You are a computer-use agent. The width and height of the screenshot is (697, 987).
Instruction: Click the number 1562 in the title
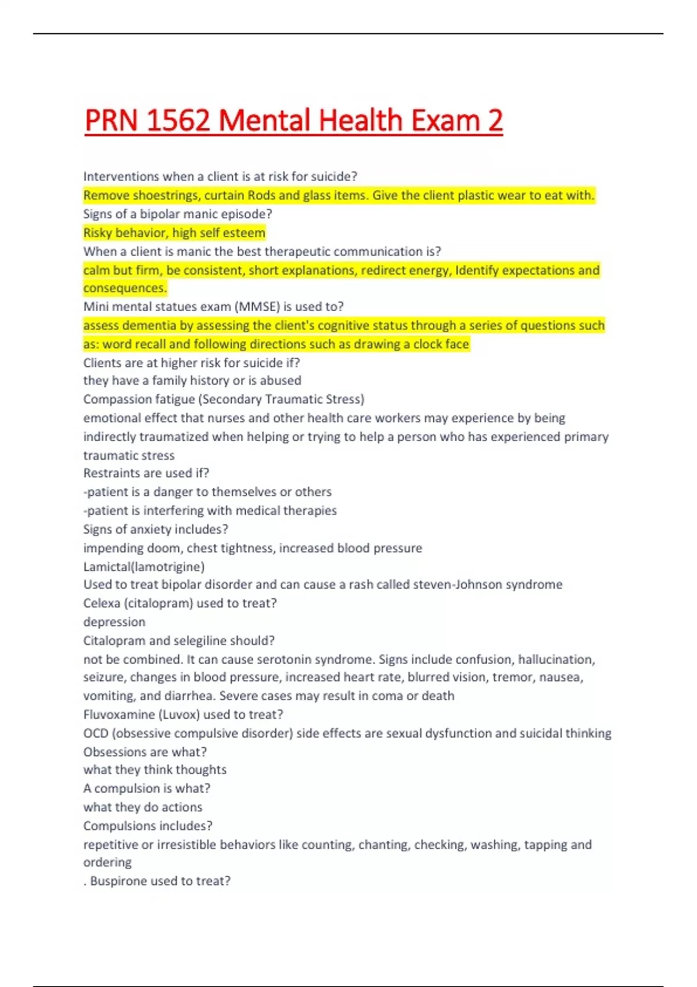point(178,120)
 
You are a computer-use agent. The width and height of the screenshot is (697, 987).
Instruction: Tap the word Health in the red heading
point(361,120)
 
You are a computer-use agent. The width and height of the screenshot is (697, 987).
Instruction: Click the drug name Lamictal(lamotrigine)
point(143,567)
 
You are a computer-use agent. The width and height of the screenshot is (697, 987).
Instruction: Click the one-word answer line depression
point(114,622)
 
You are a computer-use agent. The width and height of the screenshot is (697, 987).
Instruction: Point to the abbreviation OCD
point(96,733)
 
